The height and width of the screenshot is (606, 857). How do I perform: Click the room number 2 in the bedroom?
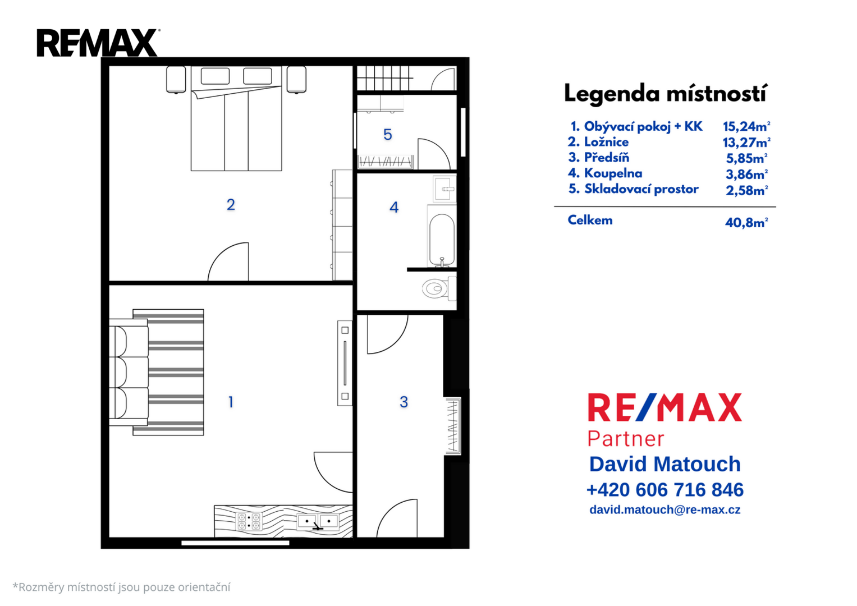click(x=231, y=205)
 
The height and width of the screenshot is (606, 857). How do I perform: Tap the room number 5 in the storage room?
click(x=388, y=135)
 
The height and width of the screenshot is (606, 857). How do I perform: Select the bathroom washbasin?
click(x=444, y=188)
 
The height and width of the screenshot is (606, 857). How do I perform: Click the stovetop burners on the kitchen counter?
click(x=249, y=522)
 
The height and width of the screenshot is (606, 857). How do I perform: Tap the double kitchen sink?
click(x=318, y=521)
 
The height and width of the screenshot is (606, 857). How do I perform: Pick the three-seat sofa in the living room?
click(x=129, y=372)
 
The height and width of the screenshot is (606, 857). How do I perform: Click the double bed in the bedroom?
click(x=236, y=118)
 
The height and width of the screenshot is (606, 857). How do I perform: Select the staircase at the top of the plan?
click(x=384, y=78)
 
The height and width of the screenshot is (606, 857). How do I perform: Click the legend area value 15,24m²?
click(x=746, y=126)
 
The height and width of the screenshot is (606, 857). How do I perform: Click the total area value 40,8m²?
click(x=746, y=222)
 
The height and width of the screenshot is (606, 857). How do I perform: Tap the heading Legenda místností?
click(x=666, y=94)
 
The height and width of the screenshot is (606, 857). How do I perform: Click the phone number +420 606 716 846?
click(x=665, y=490)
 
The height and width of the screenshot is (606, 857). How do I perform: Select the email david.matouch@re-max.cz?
click(x=665, y=510)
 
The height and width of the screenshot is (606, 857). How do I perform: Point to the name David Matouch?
click(x=665, y=464)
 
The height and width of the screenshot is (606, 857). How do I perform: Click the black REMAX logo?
click(x=98, y=43)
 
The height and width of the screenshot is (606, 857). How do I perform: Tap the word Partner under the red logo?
click(x=626, y=439)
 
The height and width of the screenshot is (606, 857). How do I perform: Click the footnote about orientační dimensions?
click(x=122, y=587)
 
